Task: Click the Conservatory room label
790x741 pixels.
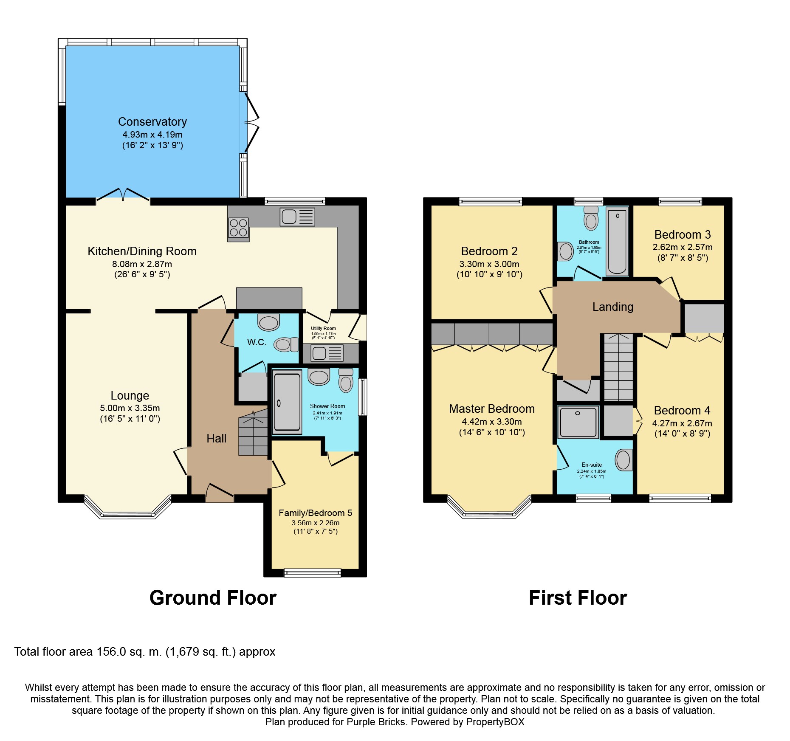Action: coord(152,122)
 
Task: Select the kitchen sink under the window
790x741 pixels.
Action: coord(297,217)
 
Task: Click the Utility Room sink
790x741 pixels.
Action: coord(327,353)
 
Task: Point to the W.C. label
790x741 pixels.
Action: coord(257,342)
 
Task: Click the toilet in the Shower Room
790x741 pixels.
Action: coord(346,380)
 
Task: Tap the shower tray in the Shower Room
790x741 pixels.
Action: coord(288,402)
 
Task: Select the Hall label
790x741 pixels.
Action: coord(217,438)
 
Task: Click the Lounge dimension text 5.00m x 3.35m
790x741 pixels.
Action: coord(130,408)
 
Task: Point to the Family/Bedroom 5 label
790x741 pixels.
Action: coord(316,513)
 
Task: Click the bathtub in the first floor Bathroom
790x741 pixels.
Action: coord(617,242)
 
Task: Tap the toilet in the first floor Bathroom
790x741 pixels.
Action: coord(591,218)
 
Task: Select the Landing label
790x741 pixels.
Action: coord(613,307)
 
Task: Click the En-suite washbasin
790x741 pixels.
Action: coord(624,460)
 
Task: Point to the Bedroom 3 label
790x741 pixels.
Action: coord(683,235)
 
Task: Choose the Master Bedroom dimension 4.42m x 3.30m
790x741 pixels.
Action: coord(492,422)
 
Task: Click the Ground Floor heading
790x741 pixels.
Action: coord(213,598)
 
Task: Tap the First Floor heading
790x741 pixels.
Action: coord(578,598)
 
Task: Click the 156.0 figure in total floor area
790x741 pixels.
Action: coord(111,652)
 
